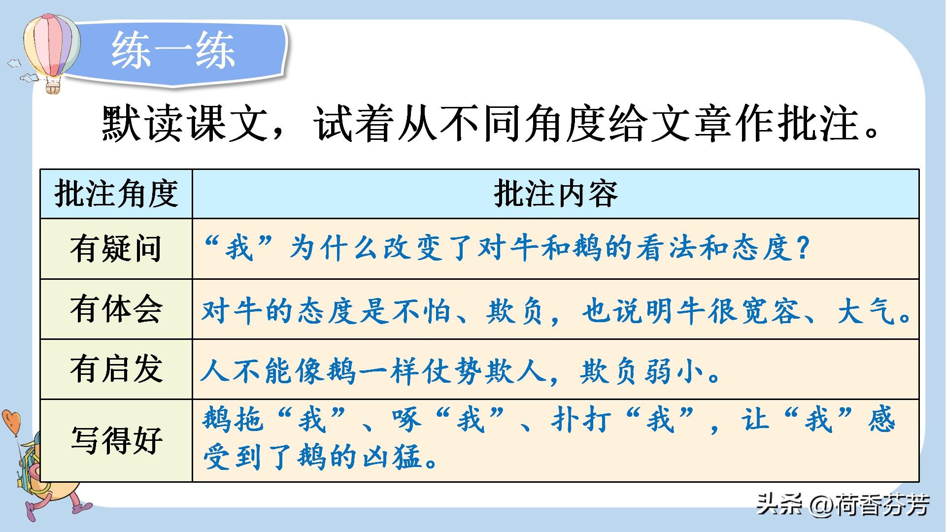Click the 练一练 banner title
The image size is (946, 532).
tap(173, 51)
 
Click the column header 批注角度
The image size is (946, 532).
tap(116, 194)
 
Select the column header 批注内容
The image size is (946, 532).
tap(555, 194)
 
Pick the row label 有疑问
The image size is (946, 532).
tap(116, 249)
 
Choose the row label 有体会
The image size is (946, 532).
tap(116, 309)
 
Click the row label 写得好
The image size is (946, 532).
tap(116, 440)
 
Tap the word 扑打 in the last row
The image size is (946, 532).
tap(581, 420)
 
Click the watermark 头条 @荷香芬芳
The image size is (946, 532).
tap(843, 505)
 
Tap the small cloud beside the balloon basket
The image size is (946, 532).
tap(29, 77)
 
